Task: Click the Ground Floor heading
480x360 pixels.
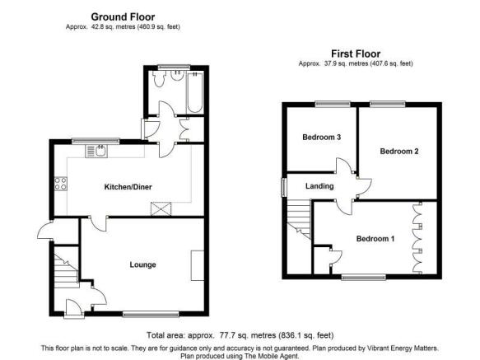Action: click(x=123, y=16)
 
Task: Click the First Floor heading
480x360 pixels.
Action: click(x=356, y=54)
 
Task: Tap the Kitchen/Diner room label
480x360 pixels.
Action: click(x=128, y=187)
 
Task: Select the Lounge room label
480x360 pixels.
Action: click(x=142, y=264)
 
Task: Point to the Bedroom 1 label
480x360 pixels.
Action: click(x=375, y=238)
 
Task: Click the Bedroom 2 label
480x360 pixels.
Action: click(x=399, y=151)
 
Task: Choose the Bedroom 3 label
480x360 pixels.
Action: click(x=321, y=137)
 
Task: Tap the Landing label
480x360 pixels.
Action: click(x=319, y=186)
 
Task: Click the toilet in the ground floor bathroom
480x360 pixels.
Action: click(x=159, y=79)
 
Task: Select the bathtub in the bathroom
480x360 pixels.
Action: click(x=194, y=92)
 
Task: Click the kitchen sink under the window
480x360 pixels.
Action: click(x=96, y=152)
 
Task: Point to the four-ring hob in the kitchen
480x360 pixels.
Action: click(x=61, y=184)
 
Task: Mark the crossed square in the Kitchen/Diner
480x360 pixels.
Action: click(x=161, y=209)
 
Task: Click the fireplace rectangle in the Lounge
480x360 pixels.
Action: click(x=198, y=265)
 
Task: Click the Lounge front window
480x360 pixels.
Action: click(x=151, y=313)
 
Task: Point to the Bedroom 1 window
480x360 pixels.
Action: click(x=364, y=278)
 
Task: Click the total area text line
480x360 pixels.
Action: click(x=240, y=335)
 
